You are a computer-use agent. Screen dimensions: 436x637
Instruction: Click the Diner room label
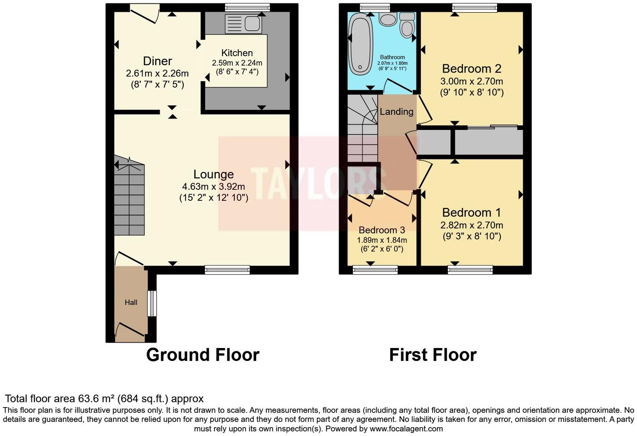coord(157,61)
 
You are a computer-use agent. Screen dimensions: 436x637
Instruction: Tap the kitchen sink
coord(243,23)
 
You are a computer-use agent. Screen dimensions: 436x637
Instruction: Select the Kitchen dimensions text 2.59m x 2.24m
coord(237,63)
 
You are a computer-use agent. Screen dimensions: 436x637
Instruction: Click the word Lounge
coord(213,174)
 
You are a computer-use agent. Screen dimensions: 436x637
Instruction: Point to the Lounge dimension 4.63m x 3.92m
coord(213,186)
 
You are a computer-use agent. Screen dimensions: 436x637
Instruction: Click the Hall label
coord(131,302)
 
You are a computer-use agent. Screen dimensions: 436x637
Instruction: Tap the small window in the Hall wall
coord(152,303)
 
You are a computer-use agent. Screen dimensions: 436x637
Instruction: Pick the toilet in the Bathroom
coord(407,26)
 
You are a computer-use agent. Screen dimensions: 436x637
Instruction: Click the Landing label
coord(396,112)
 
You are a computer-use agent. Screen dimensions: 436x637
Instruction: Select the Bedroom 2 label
coord(471,68)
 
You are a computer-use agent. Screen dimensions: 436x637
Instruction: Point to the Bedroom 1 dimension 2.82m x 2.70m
coord(471,225)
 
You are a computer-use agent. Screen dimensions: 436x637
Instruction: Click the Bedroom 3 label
coord(382,230)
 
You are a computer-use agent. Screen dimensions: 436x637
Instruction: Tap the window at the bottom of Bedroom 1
coord(470,270)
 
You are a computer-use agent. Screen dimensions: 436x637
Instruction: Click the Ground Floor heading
coord(203,355)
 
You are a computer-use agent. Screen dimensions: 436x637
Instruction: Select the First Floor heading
coord(432,355)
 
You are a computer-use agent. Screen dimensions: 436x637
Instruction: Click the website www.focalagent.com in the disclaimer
coord(406,428)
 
